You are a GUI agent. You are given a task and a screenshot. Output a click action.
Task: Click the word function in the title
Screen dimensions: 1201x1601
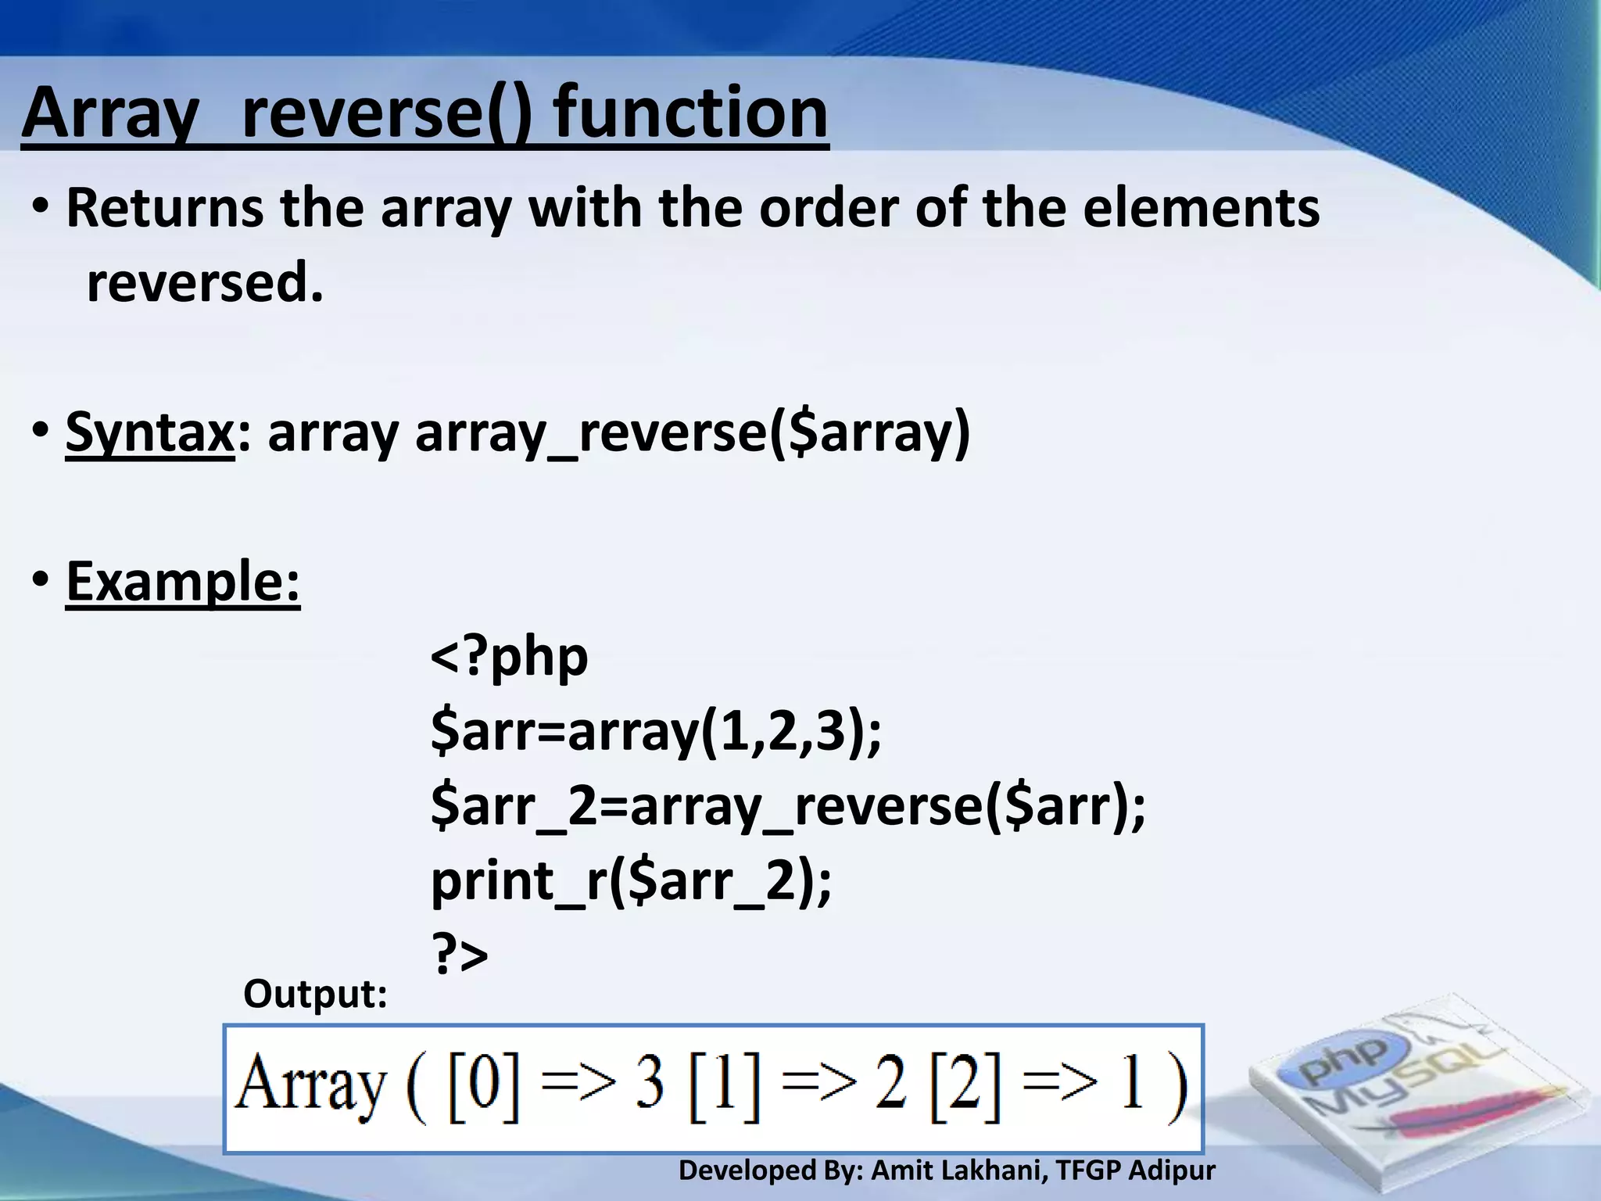(x=691, y=113)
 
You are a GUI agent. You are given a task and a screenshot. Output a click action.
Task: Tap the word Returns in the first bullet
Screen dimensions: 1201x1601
(x=164, y=209)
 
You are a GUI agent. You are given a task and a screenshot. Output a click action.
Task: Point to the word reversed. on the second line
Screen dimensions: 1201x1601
(x=205, y=283)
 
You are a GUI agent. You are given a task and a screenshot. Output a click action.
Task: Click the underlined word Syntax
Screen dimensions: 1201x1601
(x=149, y=432)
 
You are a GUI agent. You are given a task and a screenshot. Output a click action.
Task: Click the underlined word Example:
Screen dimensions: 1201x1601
(x=183, y=582)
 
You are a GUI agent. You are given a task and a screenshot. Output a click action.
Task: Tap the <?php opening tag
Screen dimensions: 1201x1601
(x=509, y=657)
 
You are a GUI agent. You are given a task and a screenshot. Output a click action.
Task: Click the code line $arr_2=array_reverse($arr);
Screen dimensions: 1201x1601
(x=788, y=807)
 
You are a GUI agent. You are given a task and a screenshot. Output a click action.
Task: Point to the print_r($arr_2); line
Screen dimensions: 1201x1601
(x=631, y=882)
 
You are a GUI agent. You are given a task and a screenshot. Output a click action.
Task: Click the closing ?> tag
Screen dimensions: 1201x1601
(x=460, y=955)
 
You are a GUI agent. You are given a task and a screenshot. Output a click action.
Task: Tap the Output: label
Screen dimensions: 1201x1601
(x=315, y=995)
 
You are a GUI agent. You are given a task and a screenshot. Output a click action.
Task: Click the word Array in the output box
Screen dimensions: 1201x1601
(x=311, y=1088)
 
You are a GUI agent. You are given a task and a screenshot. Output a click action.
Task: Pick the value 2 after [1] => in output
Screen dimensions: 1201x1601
(x=890, y=1088)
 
